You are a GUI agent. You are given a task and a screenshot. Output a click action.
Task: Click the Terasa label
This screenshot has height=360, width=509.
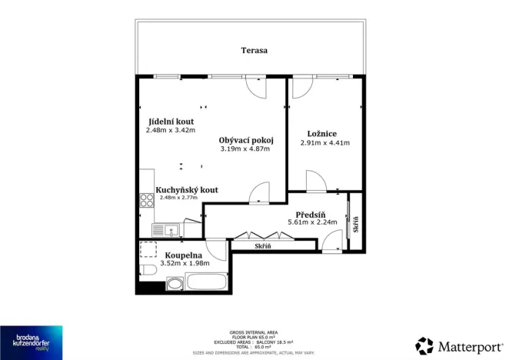[253, 50]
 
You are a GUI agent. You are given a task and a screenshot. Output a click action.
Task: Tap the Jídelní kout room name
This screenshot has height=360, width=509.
[171, 122]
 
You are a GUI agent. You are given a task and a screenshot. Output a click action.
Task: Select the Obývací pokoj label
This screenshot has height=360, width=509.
[245, 140]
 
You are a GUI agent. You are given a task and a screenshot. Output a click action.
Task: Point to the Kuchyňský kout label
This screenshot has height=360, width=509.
[187, 189]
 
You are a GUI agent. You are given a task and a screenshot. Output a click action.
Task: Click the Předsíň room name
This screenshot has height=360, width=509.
[312, 215]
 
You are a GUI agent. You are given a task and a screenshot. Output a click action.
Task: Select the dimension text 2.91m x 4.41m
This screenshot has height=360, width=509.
[324, 143]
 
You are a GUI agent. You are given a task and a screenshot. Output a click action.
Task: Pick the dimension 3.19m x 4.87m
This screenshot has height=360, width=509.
[245, 149]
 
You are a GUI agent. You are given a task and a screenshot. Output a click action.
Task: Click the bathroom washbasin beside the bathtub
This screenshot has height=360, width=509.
[175, 285]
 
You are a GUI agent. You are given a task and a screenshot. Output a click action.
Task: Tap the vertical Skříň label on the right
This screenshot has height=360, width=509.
[355, 225]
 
